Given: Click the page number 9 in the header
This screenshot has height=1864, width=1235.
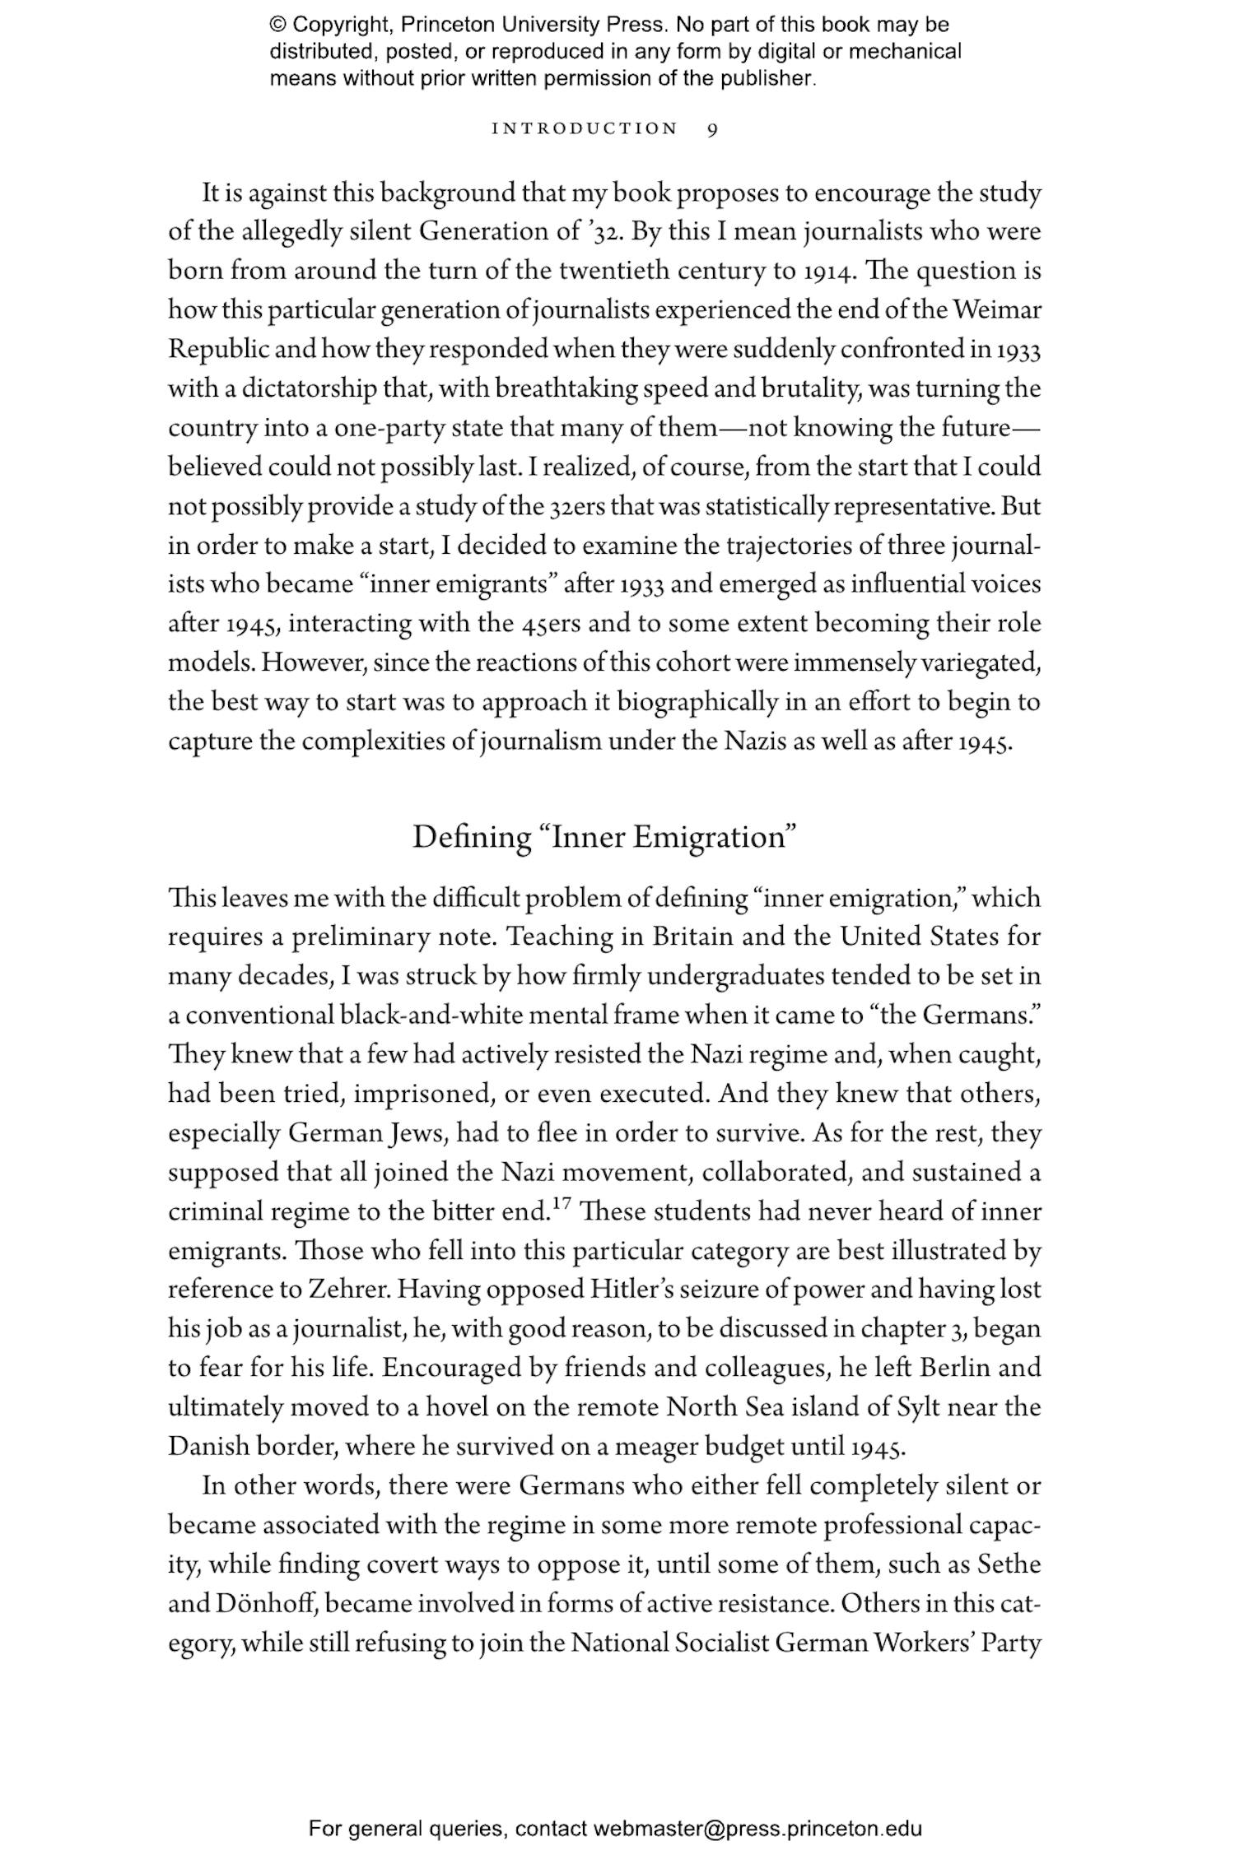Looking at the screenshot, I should pos(713,129).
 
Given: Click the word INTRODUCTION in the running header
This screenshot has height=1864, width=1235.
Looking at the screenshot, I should pos(585,129).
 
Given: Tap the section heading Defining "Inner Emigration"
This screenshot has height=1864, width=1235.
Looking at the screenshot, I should pos(605,837).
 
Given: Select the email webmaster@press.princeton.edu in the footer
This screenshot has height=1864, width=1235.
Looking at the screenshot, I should pos(757,1829).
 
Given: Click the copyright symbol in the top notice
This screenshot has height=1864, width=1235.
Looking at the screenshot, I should pos(277,25).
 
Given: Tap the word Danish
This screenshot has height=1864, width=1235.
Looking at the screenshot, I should pos(208,1446).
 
